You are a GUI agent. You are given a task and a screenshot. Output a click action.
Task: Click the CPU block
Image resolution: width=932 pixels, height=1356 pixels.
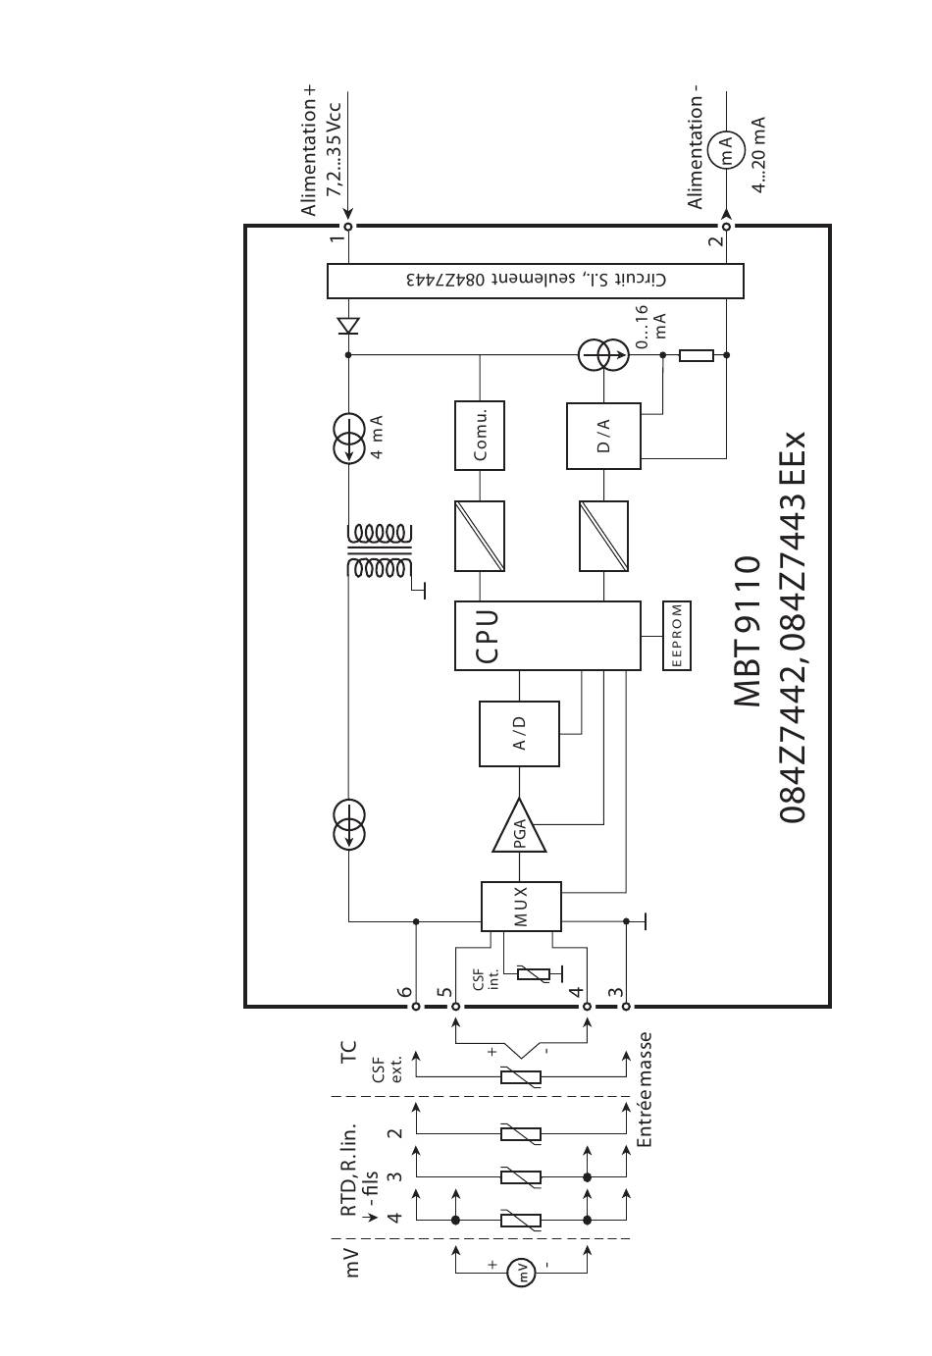pos(546,635)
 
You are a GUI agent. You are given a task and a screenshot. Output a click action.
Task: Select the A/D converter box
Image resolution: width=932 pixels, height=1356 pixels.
pos(519,733)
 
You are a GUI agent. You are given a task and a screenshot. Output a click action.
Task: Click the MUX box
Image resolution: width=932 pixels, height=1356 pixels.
pos(520,907)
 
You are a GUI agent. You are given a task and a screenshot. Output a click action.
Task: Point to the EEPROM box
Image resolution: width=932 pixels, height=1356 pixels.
pos(677,635)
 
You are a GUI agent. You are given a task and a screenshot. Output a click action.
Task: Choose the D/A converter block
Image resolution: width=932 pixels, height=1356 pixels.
pos(603,435)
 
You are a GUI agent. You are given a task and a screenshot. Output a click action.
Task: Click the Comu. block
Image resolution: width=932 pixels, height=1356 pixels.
pos(480,435)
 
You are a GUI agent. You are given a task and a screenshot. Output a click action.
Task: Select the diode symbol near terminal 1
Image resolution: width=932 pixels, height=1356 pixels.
pos(348,325)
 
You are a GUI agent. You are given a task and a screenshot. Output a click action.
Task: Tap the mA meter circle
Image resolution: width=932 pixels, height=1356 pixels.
pos(726,150)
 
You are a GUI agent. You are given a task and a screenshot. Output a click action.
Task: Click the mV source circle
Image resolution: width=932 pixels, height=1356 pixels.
pos(521,1274)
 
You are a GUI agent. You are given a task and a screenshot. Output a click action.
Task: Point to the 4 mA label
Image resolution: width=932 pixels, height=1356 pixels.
pos(377,437)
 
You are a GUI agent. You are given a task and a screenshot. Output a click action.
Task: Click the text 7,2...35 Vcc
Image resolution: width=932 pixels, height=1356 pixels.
pos(337,147)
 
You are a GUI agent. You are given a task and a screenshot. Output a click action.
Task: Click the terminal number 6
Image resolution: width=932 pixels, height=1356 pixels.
pos(404,992)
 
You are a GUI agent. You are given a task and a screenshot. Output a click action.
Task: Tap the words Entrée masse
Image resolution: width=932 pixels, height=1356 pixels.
pos(645,1089)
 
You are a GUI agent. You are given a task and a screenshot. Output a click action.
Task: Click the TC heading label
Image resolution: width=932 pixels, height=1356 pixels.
pos(348,1054)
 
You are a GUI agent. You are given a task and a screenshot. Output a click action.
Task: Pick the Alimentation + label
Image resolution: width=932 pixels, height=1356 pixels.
pos(311,150)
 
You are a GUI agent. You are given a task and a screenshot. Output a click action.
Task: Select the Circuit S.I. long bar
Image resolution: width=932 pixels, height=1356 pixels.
pos(535,281)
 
